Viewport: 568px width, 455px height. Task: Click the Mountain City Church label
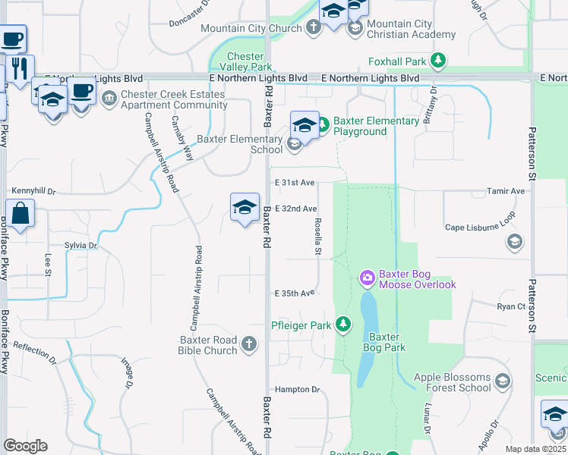(x=251, y=29)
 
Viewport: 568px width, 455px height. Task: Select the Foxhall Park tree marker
(x=437, y=61)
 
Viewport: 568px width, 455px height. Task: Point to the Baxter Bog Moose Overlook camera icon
(x=368, y=278)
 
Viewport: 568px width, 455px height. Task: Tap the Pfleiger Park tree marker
(x=343, y=325)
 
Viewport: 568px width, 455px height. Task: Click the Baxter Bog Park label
(x=387, y=342)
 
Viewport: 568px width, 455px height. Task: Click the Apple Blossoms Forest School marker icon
(x=502, y=381)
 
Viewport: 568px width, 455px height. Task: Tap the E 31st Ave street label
(x=295, y=183)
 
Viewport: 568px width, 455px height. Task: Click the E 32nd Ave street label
(x=295, y=209)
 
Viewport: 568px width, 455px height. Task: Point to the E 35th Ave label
(x=295, y=293)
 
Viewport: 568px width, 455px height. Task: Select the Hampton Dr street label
(x=298, y=390)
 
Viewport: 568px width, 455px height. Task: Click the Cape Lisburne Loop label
(x=480, y=227)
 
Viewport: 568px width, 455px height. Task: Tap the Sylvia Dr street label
(x=81, y=246)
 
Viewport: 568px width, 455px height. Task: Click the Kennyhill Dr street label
(x=34, y=192)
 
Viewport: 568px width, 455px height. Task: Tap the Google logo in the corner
(x=25, y=446)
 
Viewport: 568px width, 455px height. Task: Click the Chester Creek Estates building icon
(x=109, y=99)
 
